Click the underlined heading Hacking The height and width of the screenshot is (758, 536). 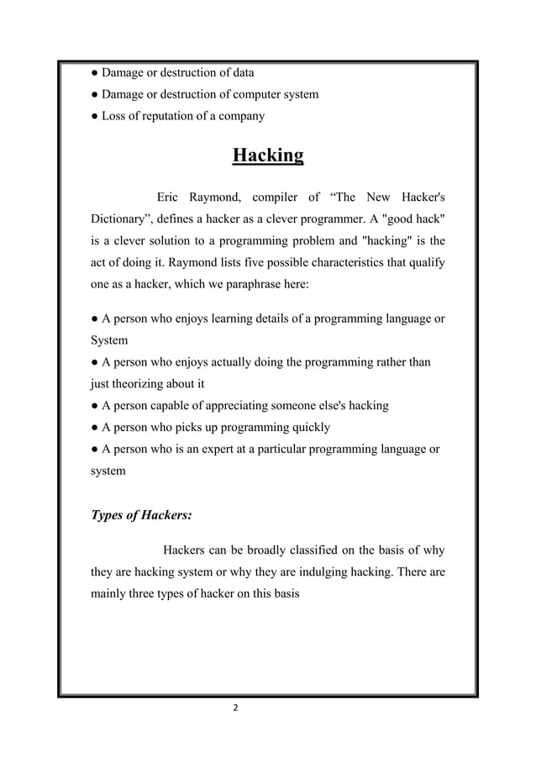pos(267,156)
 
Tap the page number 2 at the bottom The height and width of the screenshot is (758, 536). pos(235,708)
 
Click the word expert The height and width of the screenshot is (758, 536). pos(226,449)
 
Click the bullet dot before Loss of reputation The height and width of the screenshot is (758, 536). pos(95,116)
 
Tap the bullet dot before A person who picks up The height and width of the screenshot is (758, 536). pos(95,427)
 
